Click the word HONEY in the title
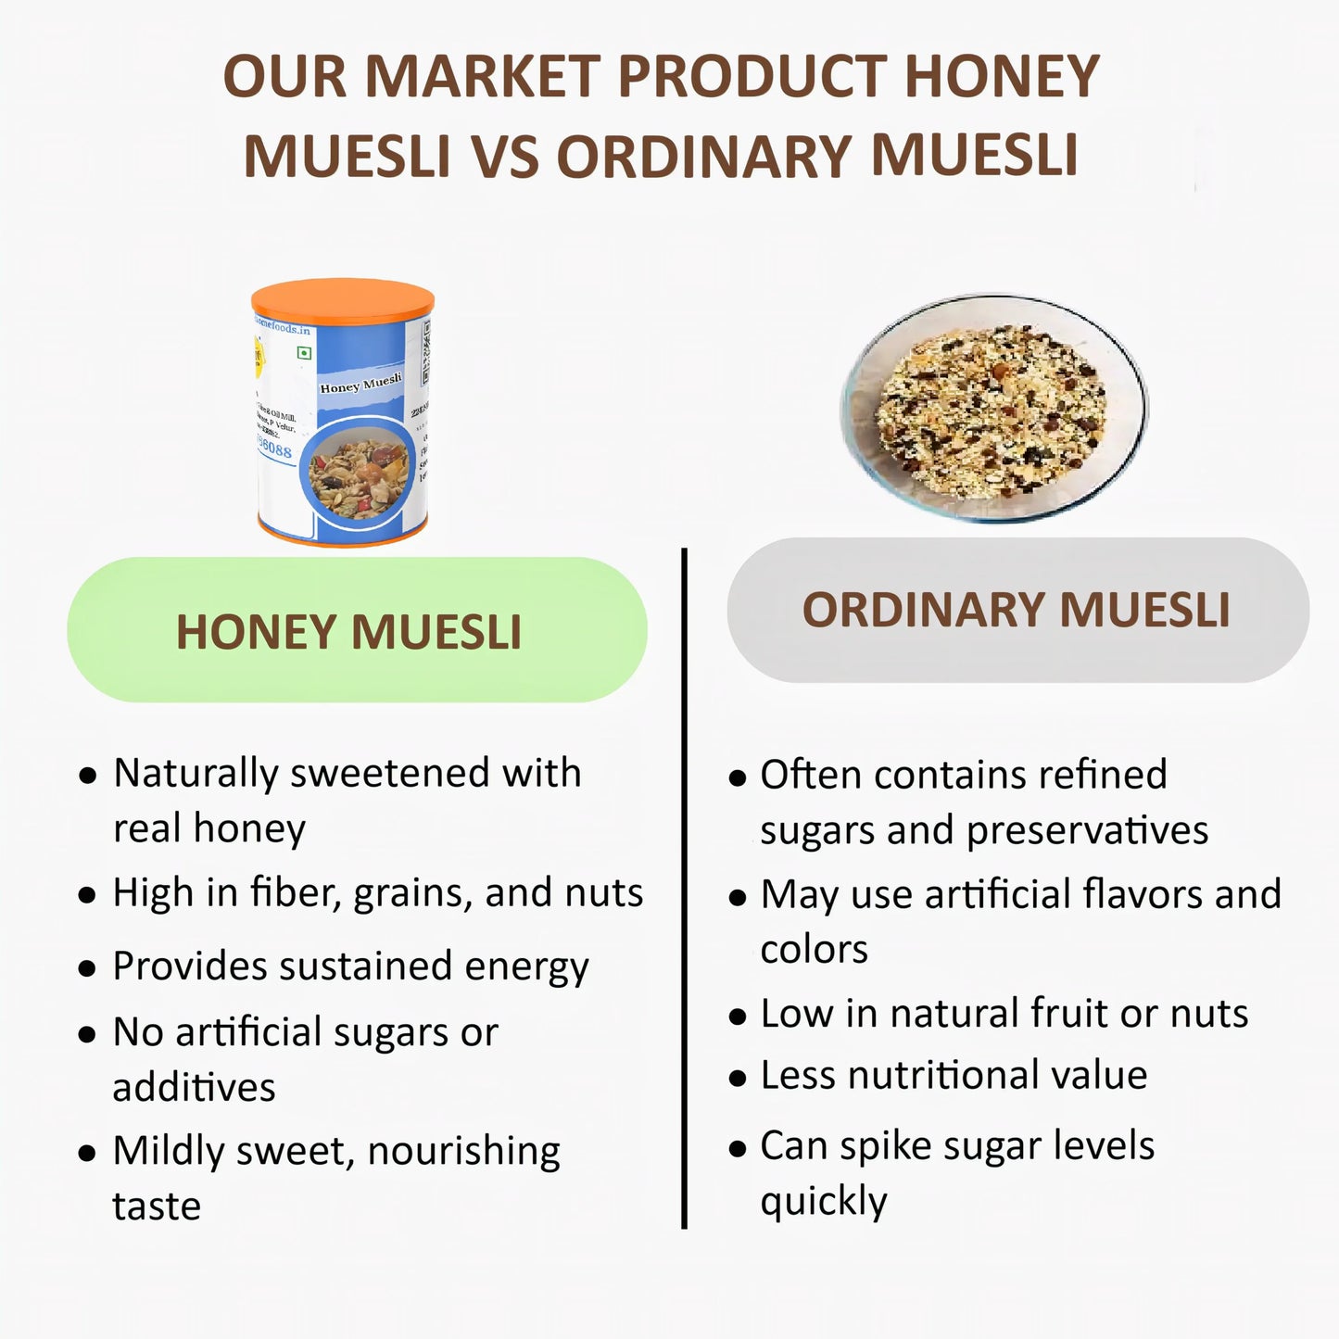point(1002,76)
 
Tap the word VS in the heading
point(504,156)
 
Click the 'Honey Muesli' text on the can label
point(360,383)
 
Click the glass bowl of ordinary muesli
point(992,407)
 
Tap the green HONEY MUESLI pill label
point(357,630)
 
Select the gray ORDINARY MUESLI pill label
point(1017,610)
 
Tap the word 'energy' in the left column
point(526,967)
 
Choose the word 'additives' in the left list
point(194,1087)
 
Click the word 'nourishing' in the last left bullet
point(463,1152)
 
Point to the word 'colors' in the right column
point(814,949)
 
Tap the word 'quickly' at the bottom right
point(823,1202)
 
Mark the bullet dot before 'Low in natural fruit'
point(738,1017)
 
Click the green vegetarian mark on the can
point(303,353)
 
